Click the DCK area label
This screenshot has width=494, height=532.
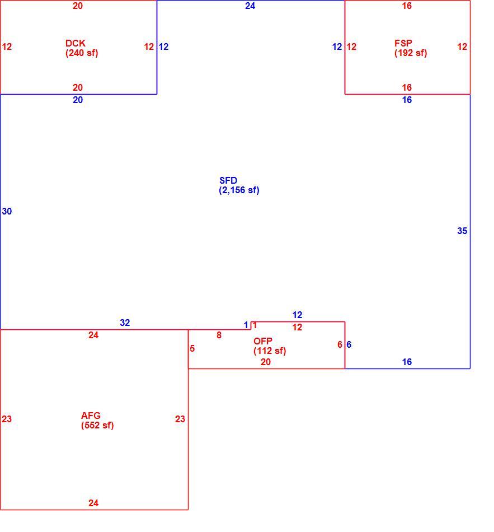[76, 44]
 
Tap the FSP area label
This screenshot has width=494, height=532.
[403, 44]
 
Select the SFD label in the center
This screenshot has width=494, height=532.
[228, 180]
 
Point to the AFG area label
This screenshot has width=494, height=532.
[91, 416]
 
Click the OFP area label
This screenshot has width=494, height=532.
[263, 341]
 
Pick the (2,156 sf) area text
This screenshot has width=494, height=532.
[239, 190]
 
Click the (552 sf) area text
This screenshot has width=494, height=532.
[97, 425]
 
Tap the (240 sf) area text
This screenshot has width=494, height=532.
[82, 53]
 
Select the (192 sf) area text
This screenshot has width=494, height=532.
[411, 53]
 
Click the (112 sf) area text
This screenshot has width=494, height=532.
[270, 351]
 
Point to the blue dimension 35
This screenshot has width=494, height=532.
[462, 231]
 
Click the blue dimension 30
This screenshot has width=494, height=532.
[7, 211]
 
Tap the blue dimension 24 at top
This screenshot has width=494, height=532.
[250, 6]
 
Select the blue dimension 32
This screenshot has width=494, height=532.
[125, 323]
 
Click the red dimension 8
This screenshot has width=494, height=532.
[219, 335]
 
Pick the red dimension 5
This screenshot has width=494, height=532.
[192, 348]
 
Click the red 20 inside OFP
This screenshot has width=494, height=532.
[266, 362]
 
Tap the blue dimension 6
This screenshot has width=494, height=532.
[349, 345]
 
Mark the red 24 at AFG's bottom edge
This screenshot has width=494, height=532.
[93, 503]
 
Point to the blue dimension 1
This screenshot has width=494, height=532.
[246, 325]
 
